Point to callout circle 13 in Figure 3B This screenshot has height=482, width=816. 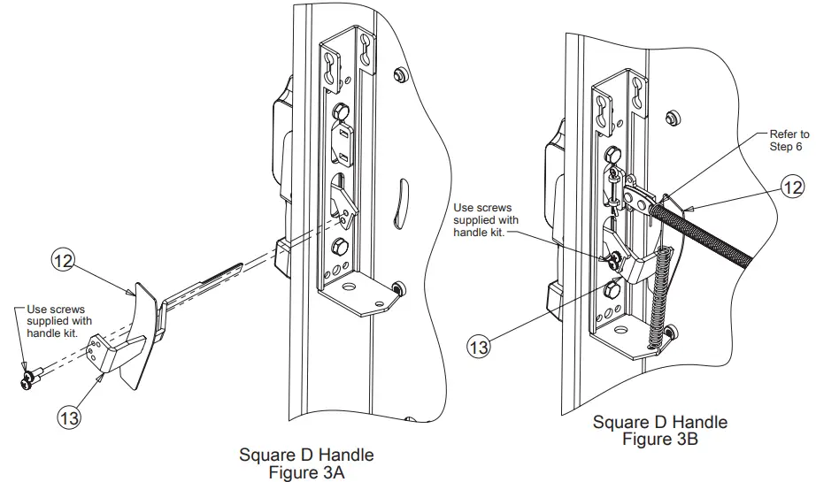pyautogui.click(x=478, y=347)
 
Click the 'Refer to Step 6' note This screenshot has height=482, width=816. pyautogui.click(x=787, y=140)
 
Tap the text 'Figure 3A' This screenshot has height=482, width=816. pyautogui.click(x=306, y=471)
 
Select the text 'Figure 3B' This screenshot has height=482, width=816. pyautogui.click(x=659, y=439)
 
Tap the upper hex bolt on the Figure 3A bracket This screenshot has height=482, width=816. pyautogui.click(x=340, y=113)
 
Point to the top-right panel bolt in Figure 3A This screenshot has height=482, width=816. pyautogui.click(x=399, y=73)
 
